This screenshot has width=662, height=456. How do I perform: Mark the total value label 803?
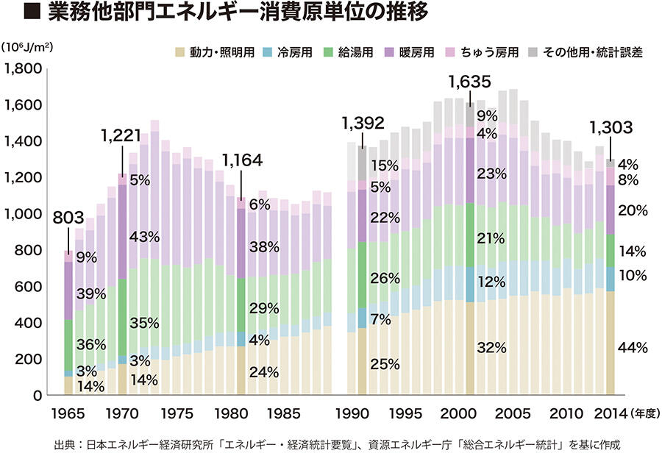(x=68, y=218)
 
